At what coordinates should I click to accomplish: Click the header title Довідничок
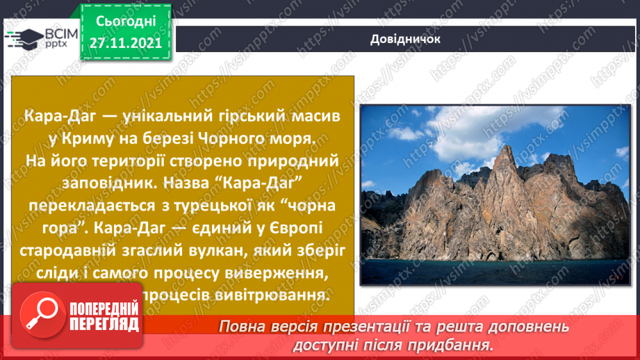tap(405, 39)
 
